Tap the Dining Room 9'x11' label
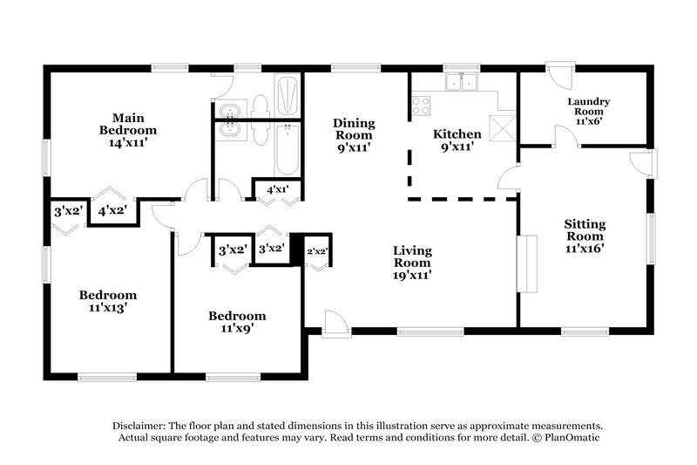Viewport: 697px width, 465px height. tap(353, 135)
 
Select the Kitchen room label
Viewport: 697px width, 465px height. tap(457, 140)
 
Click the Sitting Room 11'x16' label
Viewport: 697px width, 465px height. tap(584, 236)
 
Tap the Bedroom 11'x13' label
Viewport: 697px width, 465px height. tap(108, 301)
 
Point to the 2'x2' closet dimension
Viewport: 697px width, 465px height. tap(317, 251)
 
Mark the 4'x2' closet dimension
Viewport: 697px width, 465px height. tap(112, 210)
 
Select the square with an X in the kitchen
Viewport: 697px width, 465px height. tap(501, 127)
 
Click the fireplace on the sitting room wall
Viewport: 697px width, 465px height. tap(525, 263)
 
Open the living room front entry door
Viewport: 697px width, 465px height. tap(335, 322)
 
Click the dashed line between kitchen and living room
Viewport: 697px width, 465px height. tap(463, 200)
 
